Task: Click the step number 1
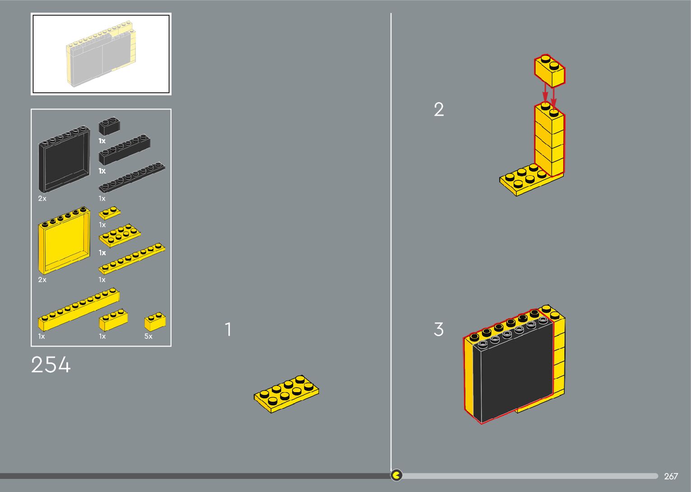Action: (228, 329)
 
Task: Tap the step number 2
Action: (439, 109)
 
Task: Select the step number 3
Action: (439, 329)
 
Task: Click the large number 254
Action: (51, 365)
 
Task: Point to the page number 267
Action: (671, 476)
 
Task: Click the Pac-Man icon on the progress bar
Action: (396, 475)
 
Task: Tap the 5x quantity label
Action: (148, 336)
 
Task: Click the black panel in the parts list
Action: (64, 159)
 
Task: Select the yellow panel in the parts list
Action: (64, 241)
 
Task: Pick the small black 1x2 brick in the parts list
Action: (109, 127)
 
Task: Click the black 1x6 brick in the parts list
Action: (124, 150)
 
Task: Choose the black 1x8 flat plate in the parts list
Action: (132, 177)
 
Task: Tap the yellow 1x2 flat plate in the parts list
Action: (110, 213)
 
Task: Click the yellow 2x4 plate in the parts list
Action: (120, 236)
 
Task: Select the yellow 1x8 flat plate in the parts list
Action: (132, 259)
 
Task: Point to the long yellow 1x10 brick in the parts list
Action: (79, 309)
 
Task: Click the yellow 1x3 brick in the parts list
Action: (113, 320)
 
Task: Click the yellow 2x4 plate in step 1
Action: (287, 394)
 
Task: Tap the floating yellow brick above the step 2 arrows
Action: (550, 71)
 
